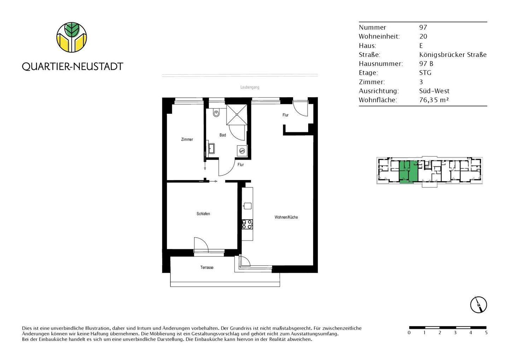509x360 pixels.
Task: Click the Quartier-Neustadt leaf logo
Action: [x=72, y=37]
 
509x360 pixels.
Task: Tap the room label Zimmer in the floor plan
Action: [x=187, y=140]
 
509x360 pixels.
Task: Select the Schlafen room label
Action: [x=203, y=214]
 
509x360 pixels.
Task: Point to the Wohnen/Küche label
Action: [x=286, y=217]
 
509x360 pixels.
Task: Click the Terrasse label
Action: [x=207, y=268]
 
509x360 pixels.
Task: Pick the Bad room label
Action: [x=223, y=135]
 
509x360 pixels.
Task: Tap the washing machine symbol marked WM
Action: [x=242, y=151]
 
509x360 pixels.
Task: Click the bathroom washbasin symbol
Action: [x=211, y=149]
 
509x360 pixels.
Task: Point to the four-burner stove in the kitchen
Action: [x=247, y=224]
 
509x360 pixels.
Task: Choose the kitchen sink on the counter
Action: [x=247, y=206]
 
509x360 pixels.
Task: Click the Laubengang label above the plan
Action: [x=250, y=87]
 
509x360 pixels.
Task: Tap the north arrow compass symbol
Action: [x=479, y=304]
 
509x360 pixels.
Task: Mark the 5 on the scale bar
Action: [x=486, y=333]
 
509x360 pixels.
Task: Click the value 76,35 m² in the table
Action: [x=434, y=100]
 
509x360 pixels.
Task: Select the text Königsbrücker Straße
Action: [x=453, y=55]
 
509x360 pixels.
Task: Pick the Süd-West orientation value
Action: [x=434, y=91]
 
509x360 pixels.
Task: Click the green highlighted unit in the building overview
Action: [x=408, y=171]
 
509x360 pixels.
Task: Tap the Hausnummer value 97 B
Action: [x=426, y=64]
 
